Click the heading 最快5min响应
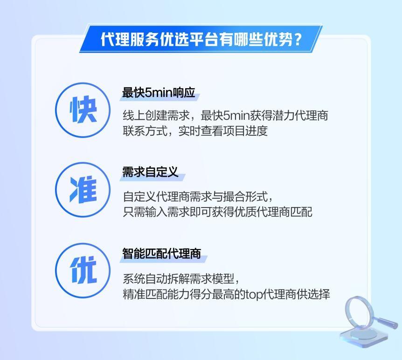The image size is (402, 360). [159, 92]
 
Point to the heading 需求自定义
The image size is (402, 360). [150, 172]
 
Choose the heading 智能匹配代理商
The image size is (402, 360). [161, 254]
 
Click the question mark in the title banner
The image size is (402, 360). [298, 40]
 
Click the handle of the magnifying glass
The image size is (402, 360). [385, 322]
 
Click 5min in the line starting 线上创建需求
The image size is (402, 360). [236, 116]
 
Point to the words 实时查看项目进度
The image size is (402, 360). [223, 131]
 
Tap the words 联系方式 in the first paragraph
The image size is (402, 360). [145, 131]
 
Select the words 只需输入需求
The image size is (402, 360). [156, 212]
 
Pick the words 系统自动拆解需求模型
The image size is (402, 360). [179, 279]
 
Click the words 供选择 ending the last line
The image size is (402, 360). [313, 294]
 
